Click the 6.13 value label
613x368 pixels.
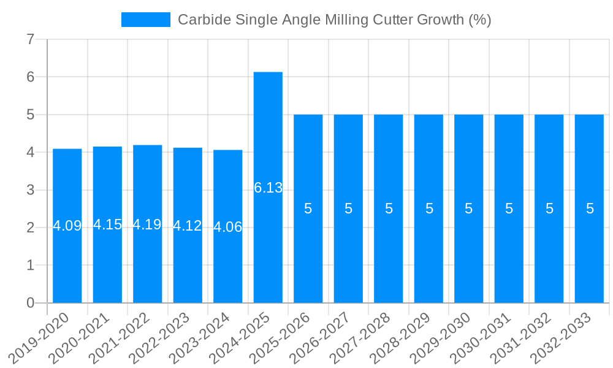point(268,188)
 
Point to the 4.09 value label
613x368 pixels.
point(67,226)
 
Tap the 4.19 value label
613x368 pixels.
point(147,224)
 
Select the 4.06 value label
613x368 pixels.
point(228,227)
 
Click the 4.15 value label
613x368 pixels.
point(107,224)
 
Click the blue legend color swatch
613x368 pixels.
point(146,20)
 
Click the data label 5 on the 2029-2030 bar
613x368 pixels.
point(469,209)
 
